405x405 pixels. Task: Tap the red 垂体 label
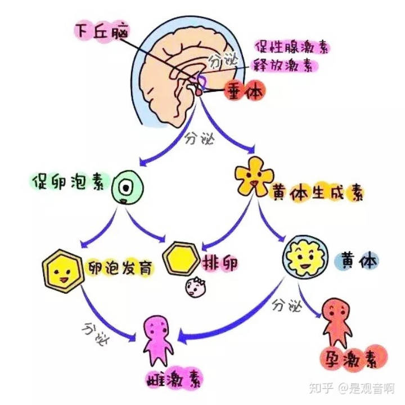(243, 91)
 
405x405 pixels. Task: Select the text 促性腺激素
(291, 46)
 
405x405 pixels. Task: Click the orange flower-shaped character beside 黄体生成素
(251, 179)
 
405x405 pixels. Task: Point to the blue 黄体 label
(360, 261)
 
